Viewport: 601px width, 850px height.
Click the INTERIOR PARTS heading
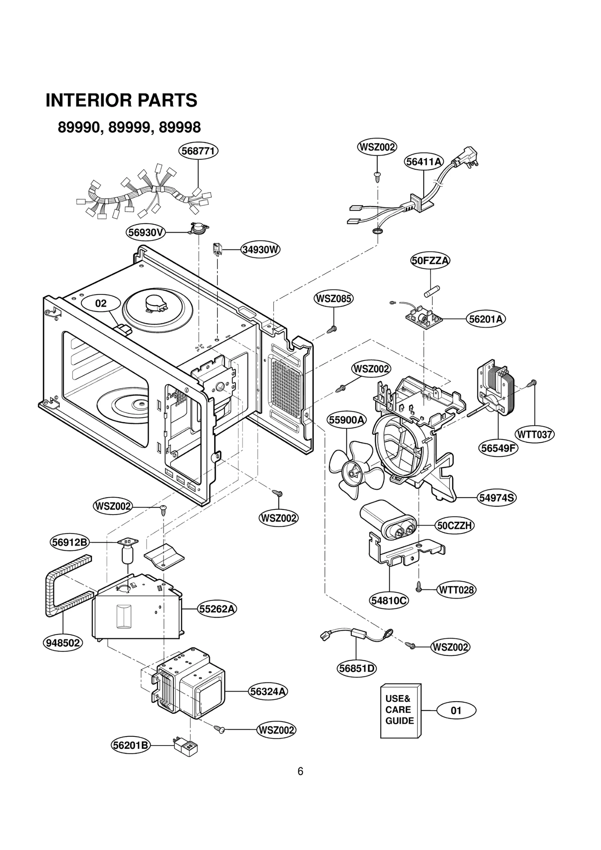121,100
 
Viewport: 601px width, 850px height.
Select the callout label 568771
198,151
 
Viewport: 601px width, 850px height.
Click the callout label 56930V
146,233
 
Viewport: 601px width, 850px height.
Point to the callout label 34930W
260,250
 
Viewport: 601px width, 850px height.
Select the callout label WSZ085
334,299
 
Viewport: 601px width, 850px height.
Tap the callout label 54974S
497,498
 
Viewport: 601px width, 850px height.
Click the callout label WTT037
535,435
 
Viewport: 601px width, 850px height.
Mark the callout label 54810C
389,600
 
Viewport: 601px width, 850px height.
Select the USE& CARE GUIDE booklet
400,710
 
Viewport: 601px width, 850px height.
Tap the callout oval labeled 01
456,711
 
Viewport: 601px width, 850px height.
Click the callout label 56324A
268,691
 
